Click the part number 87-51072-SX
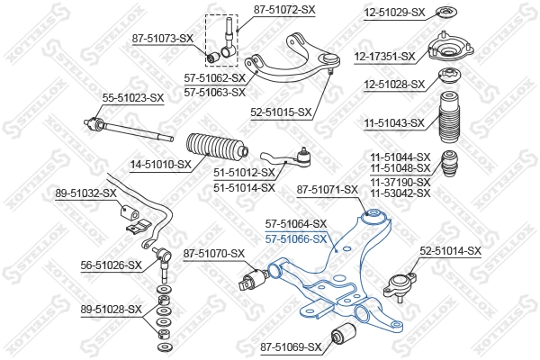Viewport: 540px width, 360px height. (x=284, y=9)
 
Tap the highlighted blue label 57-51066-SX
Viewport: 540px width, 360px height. (x=295, y=238)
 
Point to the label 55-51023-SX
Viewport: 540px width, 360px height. (x=133, y=97)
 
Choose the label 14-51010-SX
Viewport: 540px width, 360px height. (x=161, y=165)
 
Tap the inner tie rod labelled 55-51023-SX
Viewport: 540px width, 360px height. (x=126, y=126)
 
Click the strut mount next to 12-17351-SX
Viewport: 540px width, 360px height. (x=445, y=47)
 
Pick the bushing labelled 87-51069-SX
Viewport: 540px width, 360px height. (x=346, y=337)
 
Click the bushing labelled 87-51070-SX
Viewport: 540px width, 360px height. (x=251, y=278)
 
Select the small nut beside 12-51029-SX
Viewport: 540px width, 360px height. (x=444, y=12)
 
